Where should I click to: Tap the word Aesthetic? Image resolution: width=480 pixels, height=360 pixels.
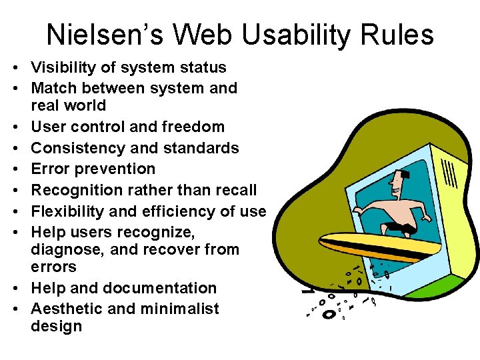tap(65, 309)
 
